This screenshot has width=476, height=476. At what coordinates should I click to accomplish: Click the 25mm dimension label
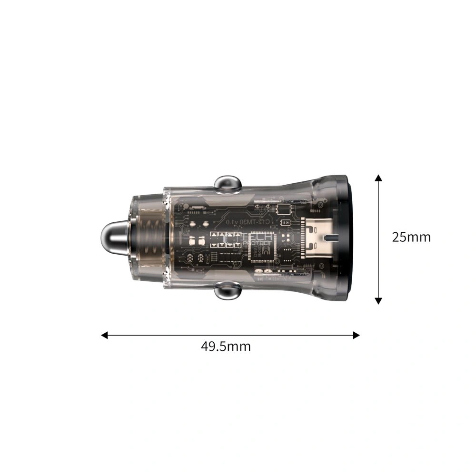tap(411, 237)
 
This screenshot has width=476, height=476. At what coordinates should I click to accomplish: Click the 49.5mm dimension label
tap(226, 346)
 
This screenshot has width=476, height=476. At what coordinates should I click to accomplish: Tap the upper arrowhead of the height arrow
tap(378, 178)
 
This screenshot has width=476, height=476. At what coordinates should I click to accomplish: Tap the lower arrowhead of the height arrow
tap(378, 300)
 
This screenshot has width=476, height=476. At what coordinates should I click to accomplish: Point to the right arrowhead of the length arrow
tap(356, 335)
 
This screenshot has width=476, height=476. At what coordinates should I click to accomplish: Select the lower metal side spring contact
tap(227, 290)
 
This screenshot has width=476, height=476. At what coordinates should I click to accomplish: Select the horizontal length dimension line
tap(286, 335)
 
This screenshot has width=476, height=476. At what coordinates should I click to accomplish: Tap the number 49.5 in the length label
tap(214, 346)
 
